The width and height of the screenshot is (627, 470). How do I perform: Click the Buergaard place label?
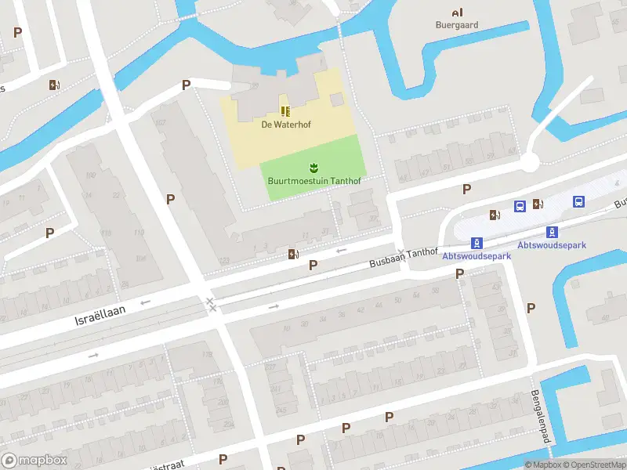457,25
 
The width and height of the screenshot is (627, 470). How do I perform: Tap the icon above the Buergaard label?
457,12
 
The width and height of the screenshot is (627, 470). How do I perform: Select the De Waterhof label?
285,124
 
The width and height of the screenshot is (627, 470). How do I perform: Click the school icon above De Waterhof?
285,111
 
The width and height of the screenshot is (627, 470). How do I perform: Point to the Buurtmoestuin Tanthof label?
313,181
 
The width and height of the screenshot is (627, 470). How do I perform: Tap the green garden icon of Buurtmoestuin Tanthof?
313,168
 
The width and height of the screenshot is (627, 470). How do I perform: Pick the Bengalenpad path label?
537,414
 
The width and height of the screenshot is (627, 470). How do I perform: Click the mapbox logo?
33,461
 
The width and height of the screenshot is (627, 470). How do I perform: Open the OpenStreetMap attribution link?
596,465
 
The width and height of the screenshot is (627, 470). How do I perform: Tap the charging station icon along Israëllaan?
293,253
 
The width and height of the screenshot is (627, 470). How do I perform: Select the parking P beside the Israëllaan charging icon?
313,266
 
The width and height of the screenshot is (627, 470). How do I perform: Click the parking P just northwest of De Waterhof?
186,85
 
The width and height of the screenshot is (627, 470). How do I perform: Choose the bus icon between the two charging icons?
519,206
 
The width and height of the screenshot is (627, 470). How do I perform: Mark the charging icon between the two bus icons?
538,204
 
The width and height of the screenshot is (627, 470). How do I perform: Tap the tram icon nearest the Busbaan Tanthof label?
475,243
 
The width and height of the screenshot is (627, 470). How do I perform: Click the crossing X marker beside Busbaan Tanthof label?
401,252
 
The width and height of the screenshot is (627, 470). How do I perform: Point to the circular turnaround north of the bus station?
531,163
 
